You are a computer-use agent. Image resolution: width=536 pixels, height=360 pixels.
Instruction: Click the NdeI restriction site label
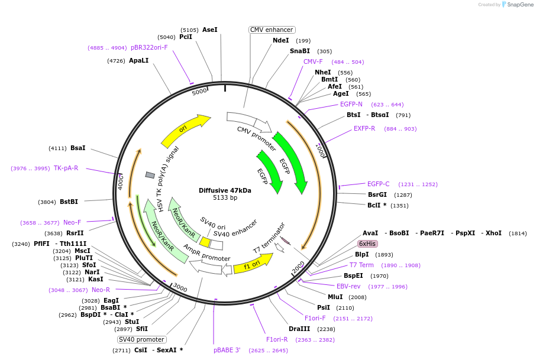(280, 40)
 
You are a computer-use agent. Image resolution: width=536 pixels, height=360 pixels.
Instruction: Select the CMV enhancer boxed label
(272, 30)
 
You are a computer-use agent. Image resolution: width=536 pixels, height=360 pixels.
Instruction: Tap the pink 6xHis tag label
(367, 244)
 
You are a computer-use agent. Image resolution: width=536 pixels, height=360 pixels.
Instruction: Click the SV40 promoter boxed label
(141, 339)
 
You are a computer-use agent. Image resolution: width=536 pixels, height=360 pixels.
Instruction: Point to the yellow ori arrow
(185, 131)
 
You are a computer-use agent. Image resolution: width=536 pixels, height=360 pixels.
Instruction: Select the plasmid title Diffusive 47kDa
(225, 190)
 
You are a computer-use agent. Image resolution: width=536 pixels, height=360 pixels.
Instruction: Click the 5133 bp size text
(225, 197)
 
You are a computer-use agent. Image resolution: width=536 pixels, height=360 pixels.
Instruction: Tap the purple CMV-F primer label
(313, 61)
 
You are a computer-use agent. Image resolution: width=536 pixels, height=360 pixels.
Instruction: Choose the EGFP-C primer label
(378, 184)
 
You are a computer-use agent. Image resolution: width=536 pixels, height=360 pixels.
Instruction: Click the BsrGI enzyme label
(377, 194)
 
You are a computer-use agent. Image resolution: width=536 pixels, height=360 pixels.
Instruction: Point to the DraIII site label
(299, 329)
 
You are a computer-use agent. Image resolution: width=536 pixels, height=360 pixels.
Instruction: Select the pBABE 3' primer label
(227, 350)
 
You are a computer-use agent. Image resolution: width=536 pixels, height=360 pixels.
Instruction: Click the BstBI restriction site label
(69, 202)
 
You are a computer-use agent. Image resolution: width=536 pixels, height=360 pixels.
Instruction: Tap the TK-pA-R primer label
(66, 168)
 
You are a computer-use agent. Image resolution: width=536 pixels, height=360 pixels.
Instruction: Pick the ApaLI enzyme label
(139, 60)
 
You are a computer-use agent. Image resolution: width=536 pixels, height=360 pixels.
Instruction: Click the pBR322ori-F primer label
(149, 47)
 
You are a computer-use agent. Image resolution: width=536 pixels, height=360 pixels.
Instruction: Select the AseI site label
(210, 30)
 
